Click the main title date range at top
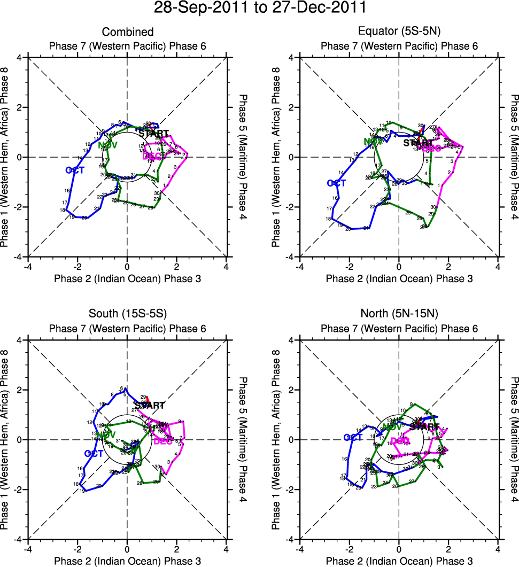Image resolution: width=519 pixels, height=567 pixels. point(259,8)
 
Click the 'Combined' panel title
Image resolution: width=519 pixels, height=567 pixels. point(127,32)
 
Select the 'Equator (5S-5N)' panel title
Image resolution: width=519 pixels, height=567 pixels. point(399,32)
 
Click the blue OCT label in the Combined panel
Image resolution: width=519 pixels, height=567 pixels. point(75,170)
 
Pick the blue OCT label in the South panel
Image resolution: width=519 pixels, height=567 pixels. point(94,453)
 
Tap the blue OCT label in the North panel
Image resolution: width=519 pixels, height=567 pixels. point(353,438)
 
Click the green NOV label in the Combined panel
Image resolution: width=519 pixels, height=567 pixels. point(108,145)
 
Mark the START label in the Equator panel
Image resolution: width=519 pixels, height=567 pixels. point(419,143)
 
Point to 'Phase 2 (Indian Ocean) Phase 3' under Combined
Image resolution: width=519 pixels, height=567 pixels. point(127,278)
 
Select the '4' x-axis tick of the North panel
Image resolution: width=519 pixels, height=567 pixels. point(498,549)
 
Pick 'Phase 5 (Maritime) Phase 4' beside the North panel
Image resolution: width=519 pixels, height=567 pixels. point(514,440)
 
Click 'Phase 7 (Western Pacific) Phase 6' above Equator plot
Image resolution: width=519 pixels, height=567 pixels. point(399,46)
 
